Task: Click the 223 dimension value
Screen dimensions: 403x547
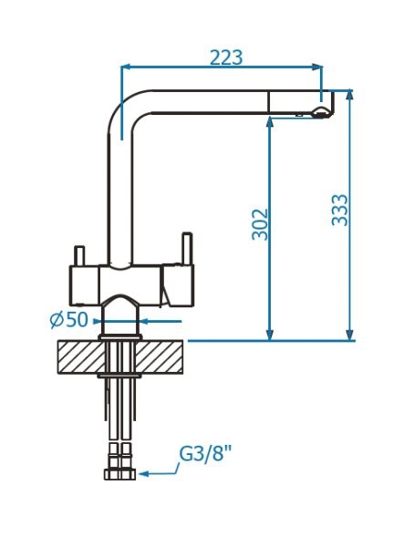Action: click(226, 57)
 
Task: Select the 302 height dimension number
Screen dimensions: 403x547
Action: click(260, 224)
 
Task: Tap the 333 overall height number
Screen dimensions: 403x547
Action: click(340, 210)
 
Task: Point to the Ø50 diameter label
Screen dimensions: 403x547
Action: click(69, 319)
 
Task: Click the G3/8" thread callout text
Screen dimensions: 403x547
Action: click(206, 454)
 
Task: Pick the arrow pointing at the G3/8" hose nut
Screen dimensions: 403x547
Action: click(159, 470)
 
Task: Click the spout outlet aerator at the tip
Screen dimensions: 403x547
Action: click(320, 112)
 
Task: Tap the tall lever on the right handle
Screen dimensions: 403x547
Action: click(187, 248)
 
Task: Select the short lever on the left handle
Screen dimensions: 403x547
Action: click(79, 255)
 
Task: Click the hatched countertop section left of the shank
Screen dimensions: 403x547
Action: click(81, 356)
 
